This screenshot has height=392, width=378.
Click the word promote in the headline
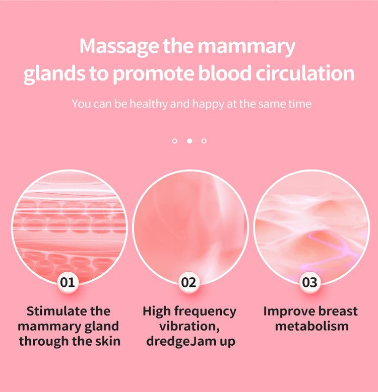pyautogui.click(x=151, y=74)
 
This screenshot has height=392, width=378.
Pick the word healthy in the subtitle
pyautogui.click(x=147, y=104)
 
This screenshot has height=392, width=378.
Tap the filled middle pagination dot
pyautogui.click(x=190, y=141)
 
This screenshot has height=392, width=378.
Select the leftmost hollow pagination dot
pyautogui.click(x=174, y=141)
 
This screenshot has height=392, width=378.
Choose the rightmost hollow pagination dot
pyautogui.click(x=204, y=141)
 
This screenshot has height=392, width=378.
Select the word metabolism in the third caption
pyautogui.click(x=311, y=326)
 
